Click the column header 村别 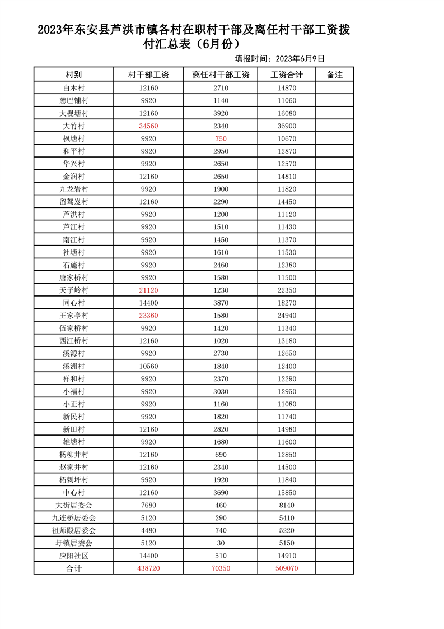click(x=73, y=75)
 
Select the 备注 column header click(x=334, y=75)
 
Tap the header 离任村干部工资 click(x=221, y=75)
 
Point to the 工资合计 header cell click(x=286, y=75)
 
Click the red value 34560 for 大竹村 click(x=148, y=126)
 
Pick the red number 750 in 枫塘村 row click(x=221, y=138)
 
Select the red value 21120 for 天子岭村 click(x=148, y=290)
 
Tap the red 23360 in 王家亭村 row click(x=148, y=316)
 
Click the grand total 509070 click(x=286, y=568)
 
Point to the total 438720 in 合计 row click(x=148, y=568)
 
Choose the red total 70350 click(x=221, y=568)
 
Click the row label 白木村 click(x=73, y=88)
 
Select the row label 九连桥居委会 click(x=73, y=518)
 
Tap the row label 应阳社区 click(x=73, y=556)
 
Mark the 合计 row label click(x=73, y=568)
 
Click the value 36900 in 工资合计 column click(x=286, y=126)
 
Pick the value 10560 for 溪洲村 click(x=148, y=366)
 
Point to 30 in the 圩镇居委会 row click(x=221, y=543)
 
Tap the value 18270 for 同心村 click(x=286, y=303)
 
